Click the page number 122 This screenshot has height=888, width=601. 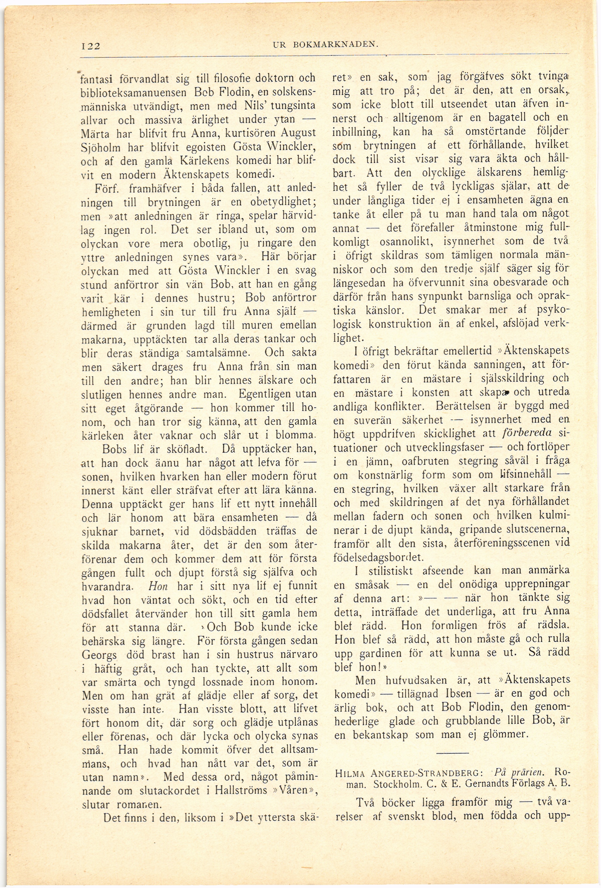coord(91,46)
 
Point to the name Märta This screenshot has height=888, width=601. coord(94,133)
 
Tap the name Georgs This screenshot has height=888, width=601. coord(99,655)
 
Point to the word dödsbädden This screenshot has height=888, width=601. coord(227,531)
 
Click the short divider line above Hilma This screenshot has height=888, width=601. coord(452,753)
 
